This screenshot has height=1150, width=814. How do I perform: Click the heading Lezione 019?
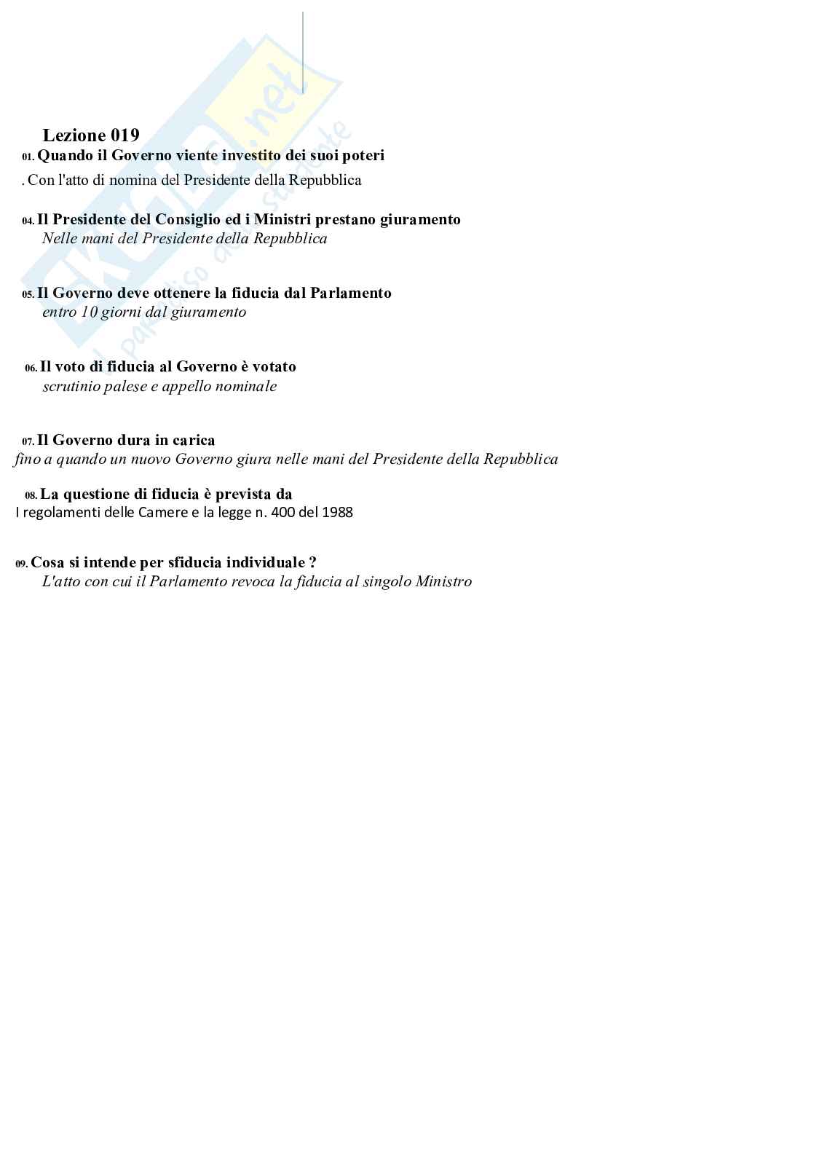click(x=91, y=135)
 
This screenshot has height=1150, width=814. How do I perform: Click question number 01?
click(x=28, y=157)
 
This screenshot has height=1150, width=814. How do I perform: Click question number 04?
click(x=28, y=221)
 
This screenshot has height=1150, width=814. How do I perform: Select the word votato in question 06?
click(x=274, y=366)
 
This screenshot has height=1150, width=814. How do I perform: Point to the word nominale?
click(x=250, y=386)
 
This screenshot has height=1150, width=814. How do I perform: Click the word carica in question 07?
click(x=194, y=440)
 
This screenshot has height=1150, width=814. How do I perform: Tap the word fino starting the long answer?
click(x=26, y=459)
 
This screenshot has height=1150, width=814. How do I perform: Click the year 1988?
click(x=337, y=512)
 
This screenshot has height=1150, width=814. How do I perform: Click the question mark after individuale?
click(x=312, y=562)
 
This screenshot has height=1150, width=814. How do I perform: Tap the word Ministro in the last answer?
click(x=443, y=581)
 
